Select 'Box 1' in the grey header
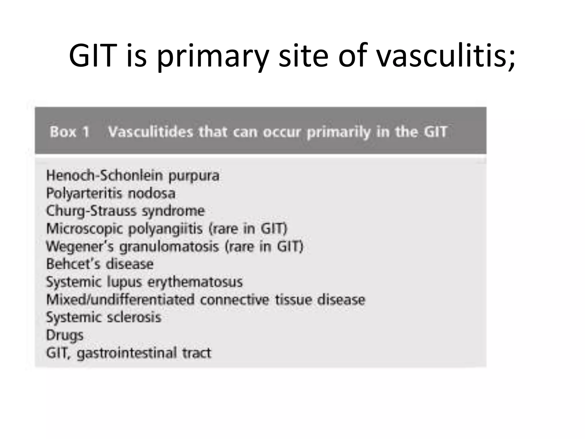70,132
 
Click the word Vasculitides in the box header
151,132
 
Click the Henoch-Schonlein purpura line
133,175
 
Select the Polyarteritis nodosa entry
111,193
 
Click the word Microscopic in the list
84,229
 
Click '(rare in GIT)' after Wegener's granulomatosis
264,246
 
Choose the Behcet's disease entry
100,264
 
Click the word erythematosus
195,282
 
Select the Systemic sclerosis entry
104,317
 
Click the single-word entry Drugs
65,335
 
